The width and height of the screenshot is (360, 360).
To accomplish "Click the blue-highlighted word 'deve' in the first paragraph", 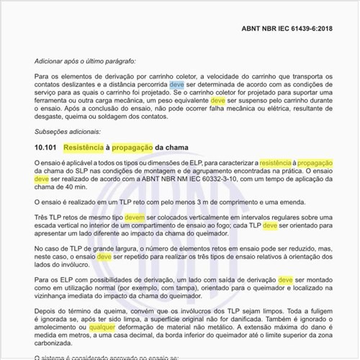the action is pos(176,84).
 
